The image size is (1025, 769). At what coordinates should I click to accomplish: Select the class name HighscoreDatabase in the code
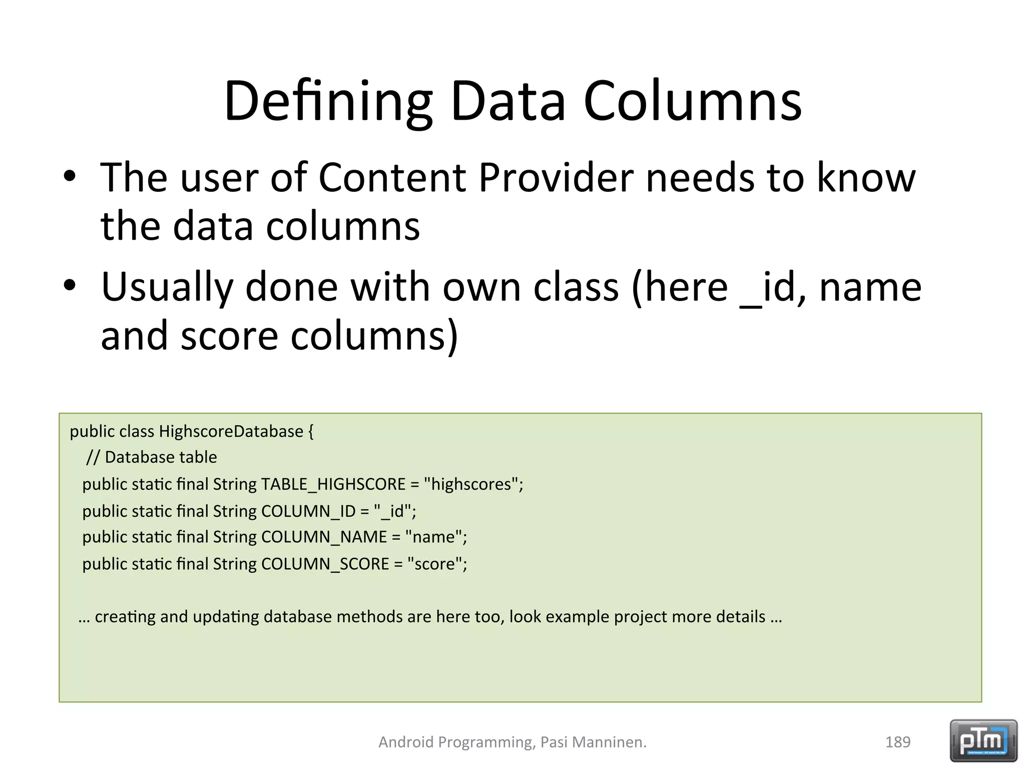click(231, 431)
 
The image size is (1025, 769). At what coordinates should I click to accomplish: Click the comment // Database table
click(151, 457)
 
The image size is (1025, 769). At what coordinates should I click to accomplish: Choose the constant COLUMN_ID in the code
click(308, 511)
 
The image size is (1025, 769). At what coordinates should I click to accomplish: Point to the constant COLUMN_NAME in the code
click(324, 537)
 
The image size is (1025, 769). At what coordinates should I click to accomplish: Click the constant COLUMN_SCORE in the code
click(325, 564)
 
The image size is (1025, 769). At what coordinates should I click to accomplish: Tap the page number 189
click(897, 742)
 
